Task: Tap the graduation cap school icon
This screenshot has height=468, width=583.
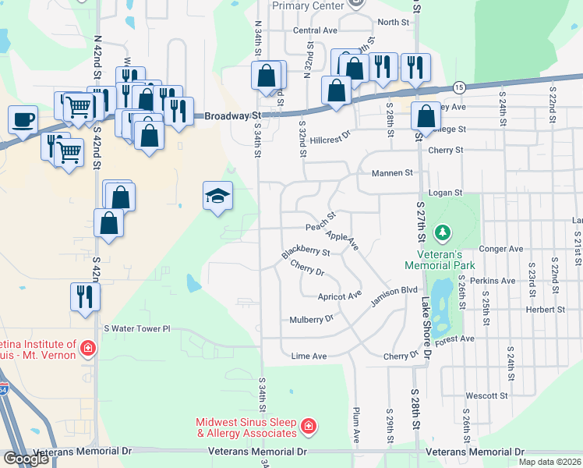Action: (218, 195)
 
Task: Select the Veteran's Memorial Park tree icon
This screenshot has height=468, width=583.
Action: (443, 232)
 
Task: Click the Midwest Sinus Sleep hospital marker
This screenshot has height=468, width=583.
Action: (309, 426)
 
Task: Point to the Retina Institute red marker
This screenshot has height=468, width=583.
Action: (88, 348)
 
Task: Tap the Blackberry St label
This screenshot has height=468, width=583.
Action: (306, 253)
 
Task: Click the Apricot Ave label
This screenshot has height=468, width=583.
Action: (340, 296)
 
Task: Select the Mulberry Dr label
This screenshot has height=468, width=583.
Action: (311, 319)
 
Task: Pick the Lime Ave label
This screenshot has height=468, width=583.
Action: (308, 356)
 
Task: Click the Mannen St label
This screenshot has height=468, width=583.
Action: (391, 172)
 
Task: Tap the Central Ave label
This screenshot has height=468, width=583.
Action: (315, 30)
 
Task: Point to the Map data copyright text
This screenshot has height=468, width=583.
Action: (549, 462)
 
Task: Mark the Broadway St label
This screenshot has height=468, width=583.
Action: (232, 116)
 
